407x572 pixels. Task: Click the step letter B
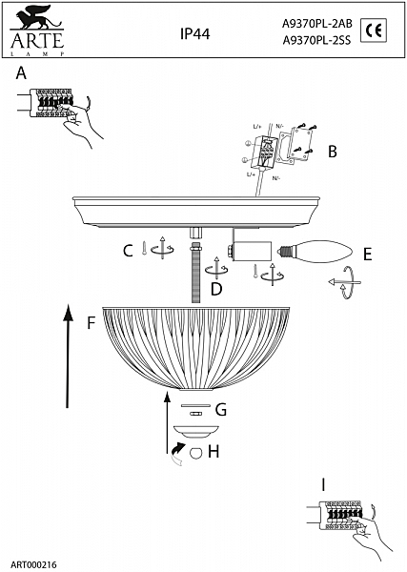point(333,151)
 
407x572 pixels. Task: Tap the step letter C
point(127,251)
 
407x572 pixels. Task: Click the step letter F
point(91,322)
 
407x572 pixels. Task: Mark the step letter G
point(220,411)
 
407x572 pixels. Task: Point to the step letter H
point(214,451)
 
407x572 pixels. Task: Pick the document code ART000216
point(33,564)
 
